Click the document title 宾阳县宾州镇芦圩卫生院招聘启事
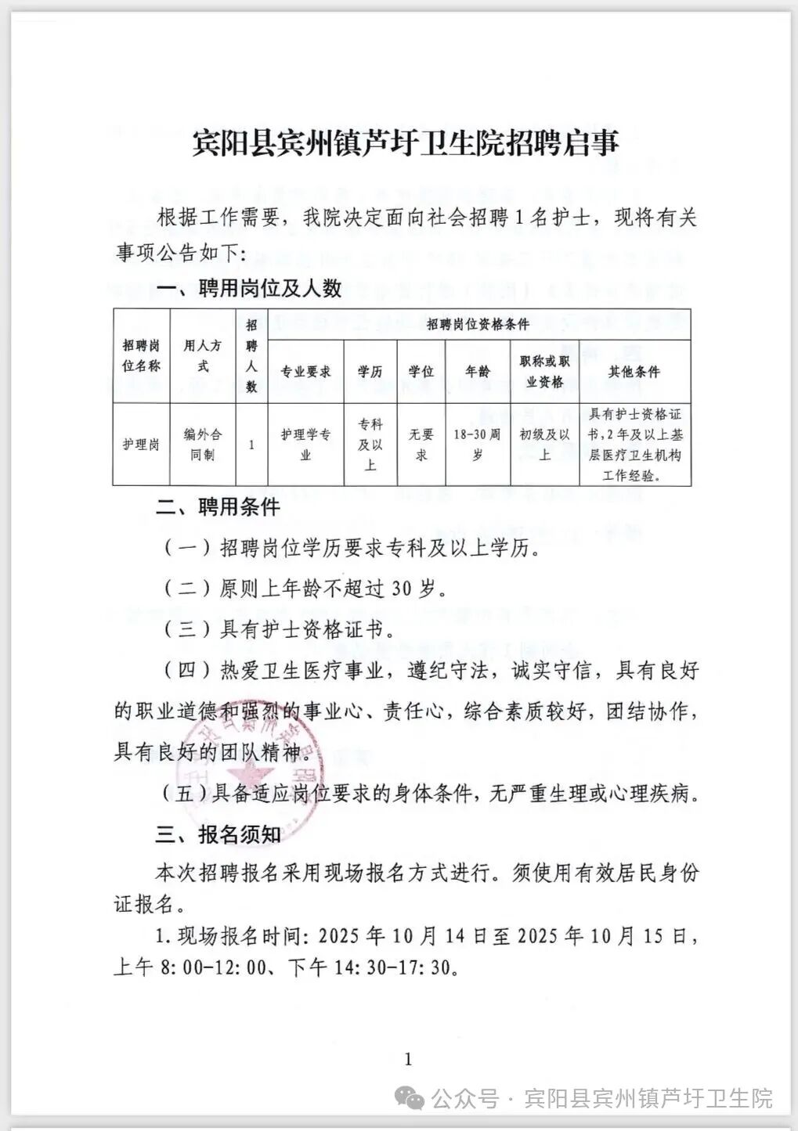pos(406,143)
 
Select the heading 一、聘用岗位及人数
pos(249,289)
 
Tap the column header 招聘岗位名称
pos(141,355)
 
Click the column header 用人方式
pos(202,355)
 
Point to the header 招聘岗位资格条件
pos(478,324)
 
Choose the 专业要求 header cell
pos(305,372)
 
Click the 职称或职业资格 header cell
pos(544,372)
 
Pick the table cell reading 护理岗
pos(141,445)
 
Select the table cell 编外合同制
pos(202,444)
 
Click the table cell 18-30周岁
pos(477,444)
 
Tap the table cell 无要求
pos(421,444)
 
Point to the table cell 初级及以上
pos(544,444)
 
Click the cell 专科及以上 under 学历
pos(370,444)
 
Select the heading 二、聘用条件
pos(218,507)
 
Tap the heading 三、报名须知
pos(218,834)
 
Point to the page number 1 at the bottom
pos(407,1060)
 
